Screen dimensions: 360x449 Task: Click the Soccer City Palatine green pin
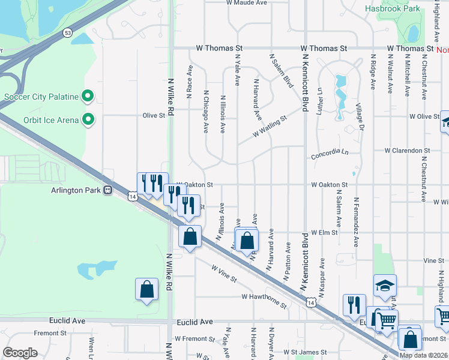tap(88, 96)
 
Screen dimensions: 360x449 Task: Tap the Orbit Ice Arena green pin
tap(88, 120)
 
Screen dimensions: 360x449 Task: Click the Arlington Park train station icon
tap(108, 190)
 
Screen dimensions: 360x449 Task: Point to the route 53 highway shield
tap(67, 33)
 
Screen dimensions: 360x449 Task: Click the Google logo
tap(20, 353)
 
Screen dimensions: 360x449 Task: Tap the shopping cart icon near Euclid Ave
tap(386, 320)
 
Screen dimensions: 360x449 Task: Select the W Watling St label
tap(270, 127)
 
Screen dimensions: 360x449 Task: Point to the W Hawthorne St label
tap(264, 298)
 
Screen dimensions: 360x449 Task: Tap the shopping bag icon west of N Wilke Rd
tap(146, 290)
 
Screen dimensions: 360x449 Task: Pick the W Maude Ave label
tap(247, 3)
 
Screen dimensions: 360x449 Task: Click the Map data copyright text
tap(423, 355)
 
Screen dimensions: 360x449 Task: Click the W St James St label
tap(305, 352)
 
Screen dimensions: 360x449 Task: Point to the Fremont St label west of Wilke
tap(46, 333)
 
